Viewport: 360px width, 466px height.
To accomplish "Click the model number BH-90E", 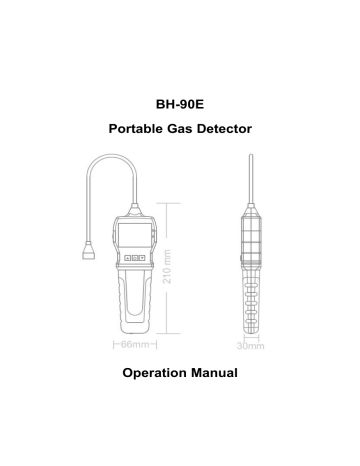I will coord(179,103).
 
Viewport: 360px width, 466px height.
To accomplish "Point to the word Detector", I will coord(224,130).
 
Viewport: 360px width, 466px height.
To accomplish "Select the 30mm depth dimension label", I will coord(249,346).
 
